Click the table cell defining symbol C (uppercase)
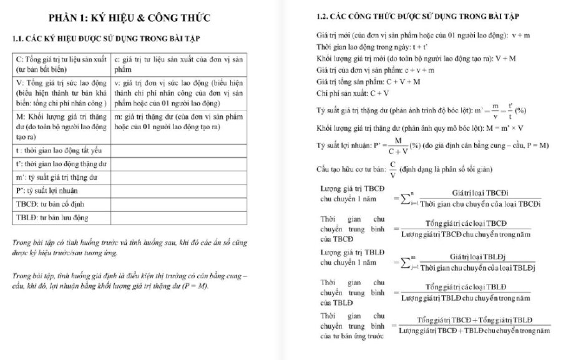[62, 63]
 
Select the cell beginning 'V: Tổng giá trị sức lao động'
[62, 92]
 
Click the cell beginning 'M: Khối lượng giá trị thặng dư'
[62, 127]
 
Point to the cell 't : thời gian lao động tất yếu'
[62, 150]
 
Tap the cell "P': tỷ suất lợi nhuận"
[62, 190]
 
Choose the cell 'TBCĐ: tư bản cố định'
[62, 204]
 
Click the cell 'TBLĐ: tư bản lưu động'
[62, 218]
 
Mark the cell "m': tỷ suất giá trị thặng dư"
[62, 177]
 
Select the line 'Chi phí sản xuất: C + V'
[353, 94]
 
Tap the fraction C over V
[393, 169]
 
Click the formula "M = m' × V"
[502, 128]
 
